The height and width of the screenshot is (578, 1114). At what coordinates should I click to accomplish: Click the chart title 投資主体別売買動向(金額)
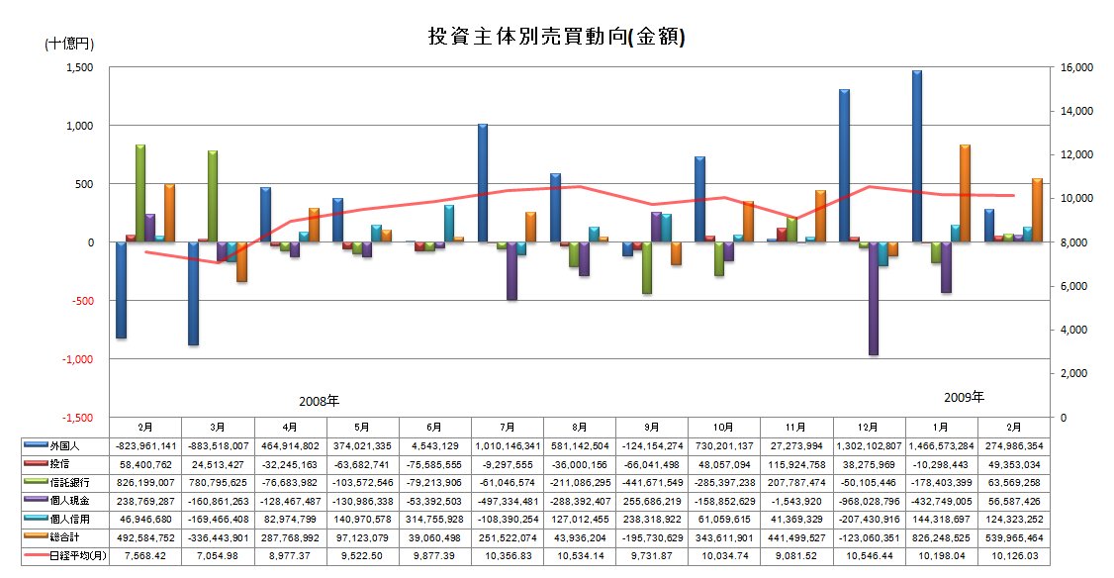[x=556, y=37]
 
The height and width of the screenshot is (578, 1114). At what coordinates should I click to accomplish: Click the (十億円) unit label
[x=66, y=45]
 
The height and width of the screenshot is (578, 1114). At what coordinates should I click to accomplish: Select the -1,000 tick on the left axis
[x=74, y=359]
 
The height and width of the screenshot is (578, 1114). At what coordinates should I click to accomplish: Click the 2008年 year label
[x=319, y=402]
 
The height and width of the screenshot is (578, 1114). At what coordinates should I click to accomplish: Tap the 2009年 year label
[x=963, y=398]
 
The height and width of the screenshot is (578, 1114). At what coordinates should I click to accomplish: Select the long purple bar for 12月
[x=873, y=298]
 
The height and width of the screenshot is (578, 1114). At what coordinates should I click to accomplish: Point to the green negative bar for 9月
[x=647, y=267]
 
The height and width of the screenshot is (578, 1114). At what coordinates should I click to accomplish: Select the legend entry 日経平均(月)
[x=70, y=554]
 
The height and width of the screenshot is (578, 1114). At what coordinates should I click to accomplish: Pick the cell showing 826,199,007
[x=145, y=482]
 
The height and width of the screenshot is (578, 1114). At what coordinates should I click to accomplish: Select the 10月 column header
[x=722, y=427]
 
